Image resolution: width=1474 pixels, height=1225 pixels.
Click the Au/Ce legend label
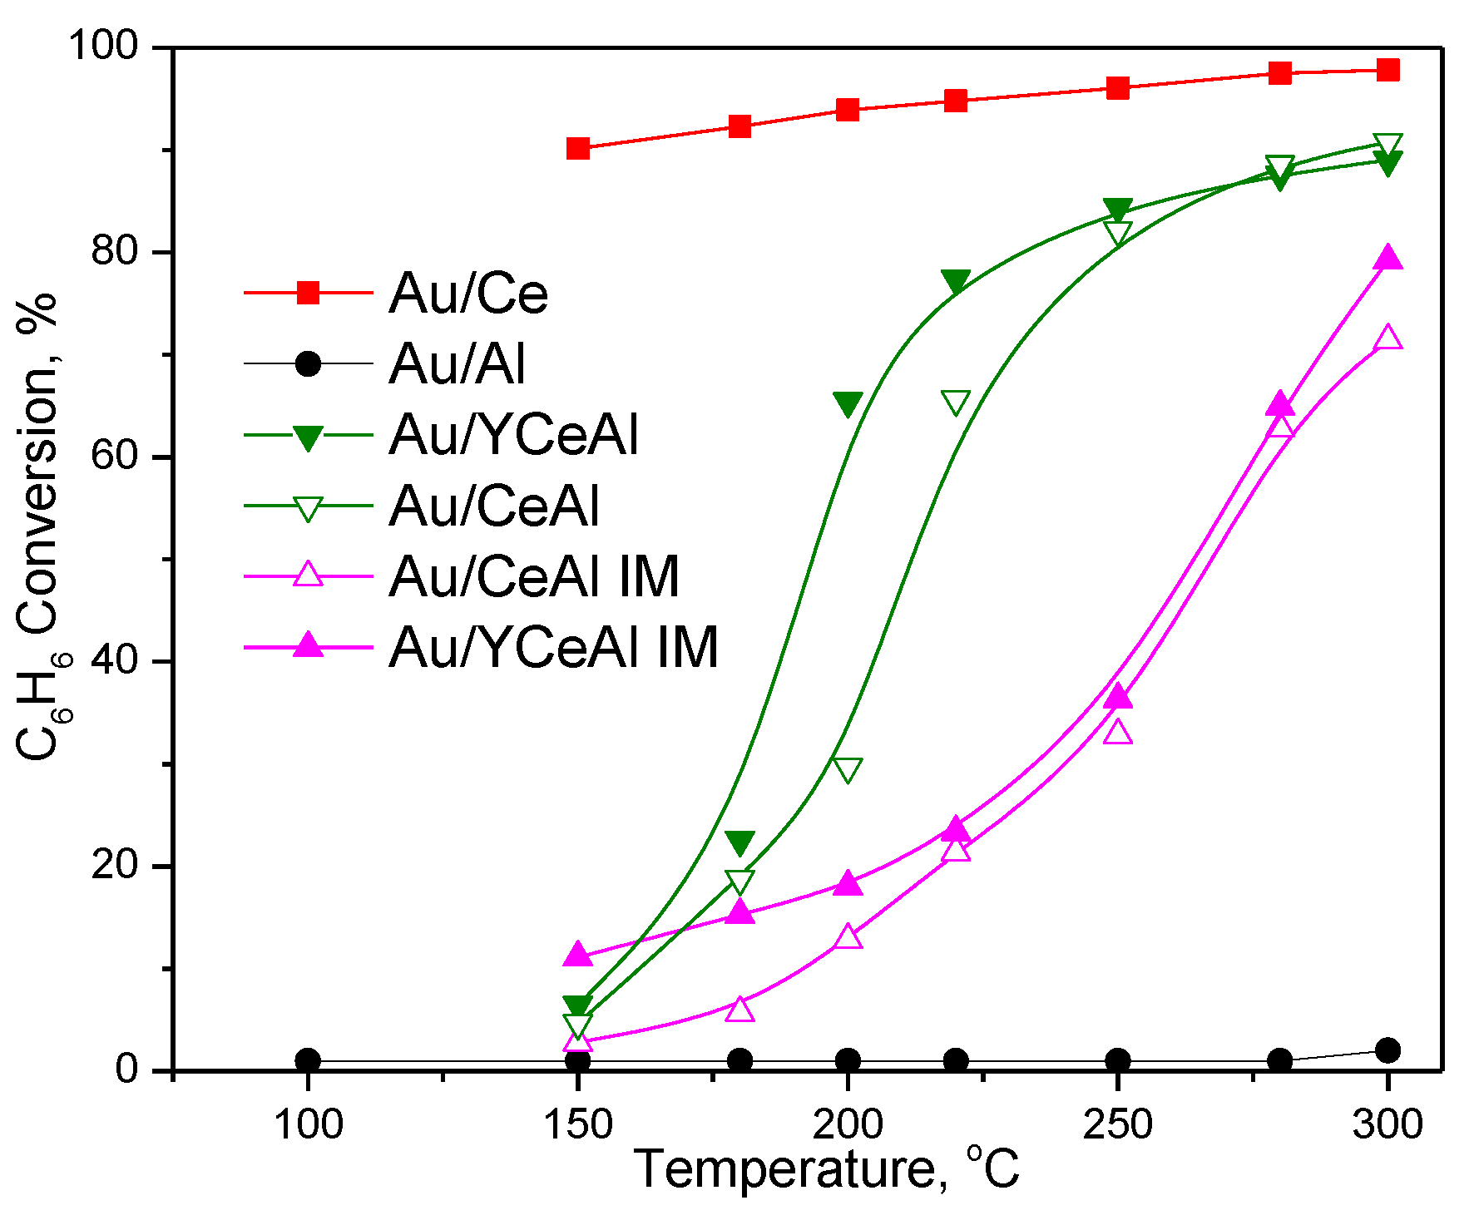468,294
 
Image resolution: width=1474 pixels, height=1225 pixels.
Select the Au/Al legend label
457,364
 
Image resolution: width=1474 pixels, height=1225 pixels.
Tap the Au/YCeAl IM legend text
553,647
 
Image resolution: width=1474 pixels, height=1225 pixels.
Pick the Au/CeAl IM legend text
534,576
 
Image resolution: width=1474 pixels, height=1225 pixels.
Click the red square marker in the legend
308,293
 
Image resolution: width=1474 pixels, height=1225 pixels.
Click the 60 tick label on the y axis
114,457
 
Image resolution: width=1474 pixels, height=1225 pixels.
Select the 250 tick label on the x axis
1117,1124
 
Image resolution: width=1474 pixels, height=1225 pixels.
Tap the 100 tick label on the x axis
308,1124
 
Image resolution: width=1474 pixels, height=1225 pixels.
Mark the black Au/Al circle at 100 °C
308,1060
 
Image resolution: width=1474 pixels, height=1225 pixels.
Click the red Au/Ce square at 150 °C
578,149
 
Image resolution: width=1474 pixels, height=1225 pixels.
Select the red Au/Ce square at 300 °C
1387,70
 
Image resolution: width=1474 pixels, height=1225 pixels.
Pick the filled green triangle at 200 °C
848,404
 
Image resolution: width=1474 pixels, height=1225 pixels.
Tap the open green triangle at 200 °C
848,770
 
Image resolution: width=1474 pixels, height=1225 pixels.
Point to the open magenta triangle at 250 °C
1118,733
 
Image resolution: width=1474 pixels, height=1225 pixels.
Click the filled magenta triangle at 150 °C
578,956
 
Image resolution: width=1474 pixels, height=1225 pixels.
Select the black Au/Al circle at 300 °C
1387,1050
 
